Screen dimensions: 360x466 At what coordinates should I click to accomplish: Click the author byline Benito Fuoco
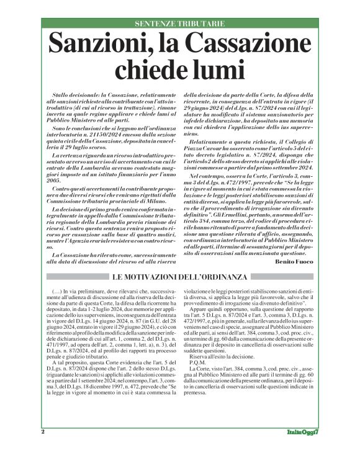tap(296, 263)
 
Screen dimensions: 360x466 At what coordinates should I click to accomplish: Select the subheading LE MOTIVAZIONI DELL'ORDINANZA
tap(179, 276)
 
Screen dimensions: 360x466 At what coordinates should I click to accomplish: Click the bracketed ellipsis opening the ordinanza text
tap(53, 290)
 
